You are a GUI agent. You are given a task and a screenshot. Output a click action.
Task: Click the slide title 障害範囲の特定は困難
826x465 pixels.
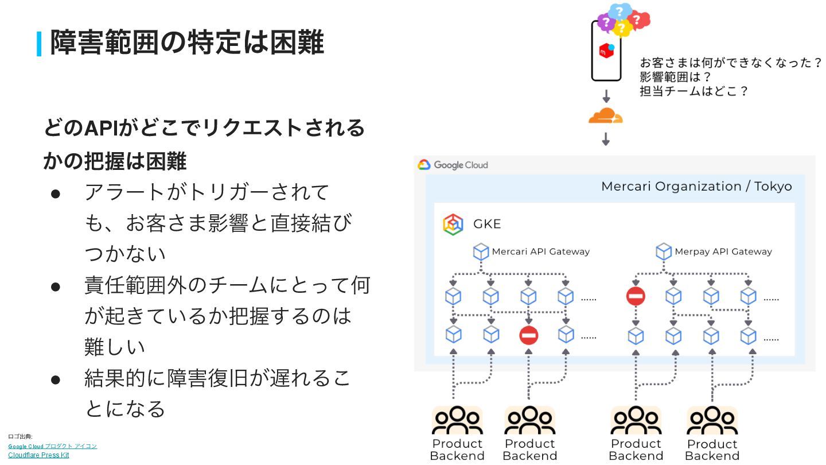click(x=187, y=42)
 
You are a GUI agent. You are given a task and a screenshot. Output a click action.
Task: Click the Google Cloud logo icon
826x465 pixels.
click(x=424, y=165)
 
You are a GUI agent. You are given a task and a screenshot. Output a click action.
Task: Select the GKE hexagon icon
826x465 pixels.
click(x=453, y=224)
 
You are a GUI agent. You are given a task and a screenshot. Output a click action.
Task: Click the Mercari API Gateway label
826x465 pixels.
click(x=540, y=251)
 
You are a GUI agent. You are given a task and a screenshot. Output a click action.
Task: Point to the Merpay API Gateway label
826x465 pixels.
click(x=723, y=251)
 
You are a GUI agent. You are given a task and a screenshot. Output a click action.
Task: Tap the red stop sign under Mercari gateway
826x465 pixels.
click(x=528, y=335)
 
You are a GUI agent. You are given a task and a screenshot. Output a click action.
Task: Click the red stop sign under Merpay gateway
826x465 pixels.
click(x=636, y=296)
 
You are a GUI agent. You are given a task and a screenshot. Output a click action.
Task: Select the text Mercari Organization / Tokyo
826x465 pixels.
click(x=696, y=187)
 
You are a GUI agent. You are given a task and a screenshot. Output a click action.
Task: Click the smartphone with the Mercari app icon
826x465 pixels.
click(x=606, y=52)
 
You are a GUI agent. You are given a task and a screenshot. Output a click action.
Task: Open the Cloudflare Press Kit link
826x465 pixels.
click(x=38, y=455)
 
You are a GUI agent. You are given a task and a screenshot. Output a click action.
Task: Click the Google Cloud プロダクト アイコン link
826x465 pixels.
click(x=52, y=446)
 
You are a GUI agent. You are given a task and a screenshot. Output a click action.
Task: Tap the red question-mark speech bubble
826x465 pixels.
click(x=639, y=20)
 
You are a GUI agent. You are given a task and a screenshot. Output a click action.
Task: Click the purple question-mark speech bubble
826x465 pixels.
click(x=605, y=22)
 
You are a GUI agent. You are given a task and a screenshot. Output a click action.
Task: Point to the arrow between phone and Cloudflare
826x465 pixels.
click(x=606, y=96)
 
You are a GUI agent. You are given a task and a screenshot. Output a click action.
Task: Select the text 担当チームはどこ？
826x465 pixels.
click(x=694, y=91)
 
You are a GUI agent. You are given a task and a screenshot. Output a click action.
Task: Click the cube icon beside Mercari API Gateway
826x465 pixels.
click(x=481, y=251)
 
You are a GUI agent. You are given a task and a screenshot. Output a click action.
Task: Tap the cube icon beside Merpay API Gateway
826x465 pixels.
click(x=664, y=251)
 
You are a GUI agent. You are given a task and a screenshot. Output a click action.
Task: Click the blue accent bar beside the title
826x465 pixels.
click(x=40, y=44)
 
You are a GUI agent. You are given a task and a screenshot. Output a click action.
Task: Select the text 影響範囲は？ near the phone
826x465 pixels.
click(x=675, y=77)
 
